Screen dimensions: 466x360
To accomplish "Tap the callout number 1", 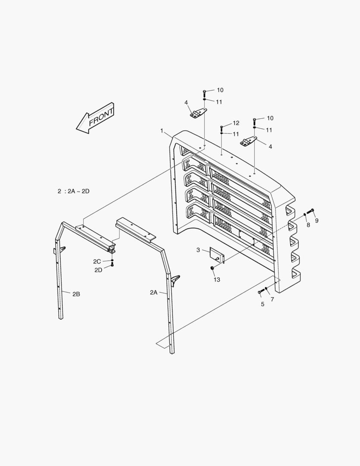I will coord(162,130).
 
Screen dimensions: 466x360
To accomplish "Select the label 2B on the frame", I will coord(76,294).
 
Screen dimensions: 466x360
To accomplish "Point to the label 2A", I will coord(154,293).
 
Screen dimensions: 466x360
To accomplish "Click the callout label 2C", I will coord(97,261).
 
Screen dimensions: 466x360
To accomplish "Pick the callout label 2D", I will coord(99,270).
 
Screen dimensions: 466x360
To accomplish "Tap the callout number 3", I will coord(198,250).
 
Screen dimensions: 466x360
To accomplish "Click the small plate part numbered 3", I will coord(217,255).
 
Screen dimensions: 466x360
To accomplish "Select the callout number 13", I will coord(217,280).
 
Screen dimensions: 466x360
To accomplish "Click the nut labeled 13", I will coord(212,268).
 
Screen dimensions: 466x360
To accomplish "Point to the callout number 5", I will coord(262,304).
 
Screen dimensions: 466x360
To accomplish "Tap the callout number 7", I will coord(272,299).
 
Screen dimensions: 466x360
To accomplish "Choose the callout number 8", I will coord(308,225).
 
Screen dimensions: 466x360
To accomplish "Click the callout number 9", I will coord(317,221).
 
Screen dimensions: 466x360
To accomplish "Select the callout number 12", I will coord(236,123).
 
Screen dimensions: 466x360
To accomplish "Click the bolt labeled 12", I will coord(222,128).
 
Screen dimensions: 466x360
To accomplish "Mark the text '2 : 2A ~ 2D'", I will coord(74,191).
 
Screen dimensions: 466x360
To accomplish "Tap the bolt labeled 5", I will coord(260,292).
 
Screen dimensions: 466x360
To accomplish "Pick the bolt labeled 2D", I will coord(112,264).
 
